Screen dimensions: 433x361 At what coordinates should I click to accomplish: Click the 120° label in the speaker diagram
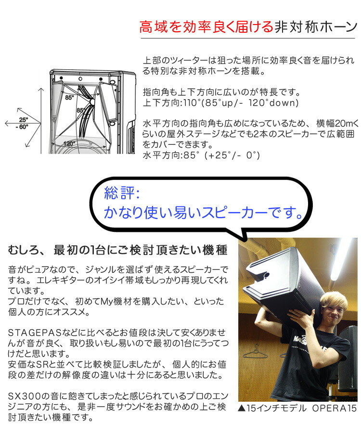pos(69,143)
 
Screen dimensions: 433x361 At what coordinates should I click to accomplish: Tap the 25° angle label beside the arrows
pos(23,119)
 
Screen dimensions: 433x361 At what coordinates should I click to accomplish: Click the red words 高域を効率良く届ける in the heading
pos(206,27)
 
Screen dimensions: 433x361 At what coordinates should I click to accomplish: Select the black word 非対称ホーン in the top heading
pos(315,27)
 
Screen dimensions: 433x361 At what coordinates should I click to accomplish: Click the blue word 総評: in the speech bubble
pos(122,193)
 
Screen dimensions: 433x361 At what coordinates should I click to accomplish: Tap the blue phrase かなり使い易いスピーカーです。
pos(205,212)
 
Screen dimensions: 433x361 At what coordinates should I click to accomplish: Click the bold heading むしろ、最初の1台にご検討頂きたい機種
pos(117,251)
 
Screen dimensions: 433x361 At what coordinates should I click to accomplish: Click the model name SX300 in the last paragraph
pos(21,395)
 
